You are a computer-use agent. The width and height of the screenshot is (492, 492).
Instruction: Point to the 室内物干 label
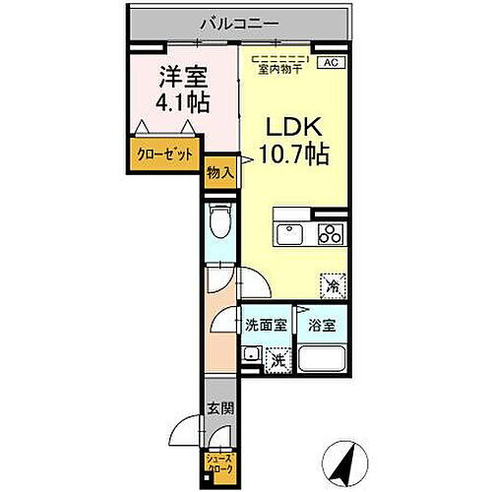click(280, 69)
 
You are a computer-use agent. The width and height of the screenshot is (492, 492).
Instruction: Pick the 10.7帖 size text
click(293, 154)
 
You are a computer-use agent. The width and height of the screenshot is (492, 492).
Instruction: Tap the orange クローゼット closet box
click(163, 154)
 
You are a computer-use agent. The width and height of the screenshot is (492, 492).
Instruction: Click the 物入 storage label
click(220, 173)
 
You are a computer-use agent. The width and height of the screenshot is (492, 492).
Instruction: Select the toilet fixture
click(221, 224)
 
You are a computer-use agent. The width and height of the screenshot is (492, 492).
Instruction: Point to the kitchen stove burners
click(331, 235)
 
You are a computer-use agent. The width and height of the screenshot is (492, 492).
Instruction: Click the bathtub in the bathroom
click(320, 355)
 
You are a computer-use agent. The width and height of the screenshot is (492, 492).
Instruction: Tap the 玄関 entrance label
click(218, 406)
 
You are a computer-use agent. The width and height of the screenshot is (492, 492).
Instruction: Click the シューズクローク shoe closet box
click(217, 461)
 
